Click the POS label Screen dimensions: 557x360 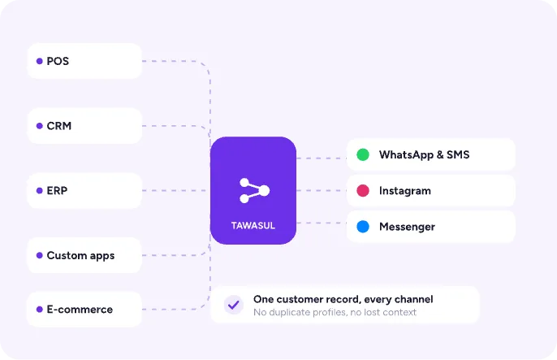[58, 61]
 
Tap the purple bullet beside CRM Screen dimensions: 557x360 [40, 126]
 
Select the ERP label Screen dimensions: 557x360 [57, 190]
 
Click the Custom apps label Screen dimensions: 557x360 [80, 255]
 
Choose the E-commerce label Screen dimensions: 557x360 [80, 309]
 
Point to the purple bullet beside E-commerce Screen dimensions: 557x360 [40, 309]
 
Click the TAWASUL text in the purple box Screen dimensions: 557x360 [253, 226]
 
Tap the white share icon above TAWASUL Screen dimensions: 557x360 [254, 190]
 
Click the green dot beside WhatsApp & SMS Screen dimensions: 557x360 [363, 154]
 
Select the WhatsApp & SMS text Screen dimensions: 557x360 [424, 154]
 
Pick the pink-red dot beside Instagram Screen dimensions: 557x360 [363, 190]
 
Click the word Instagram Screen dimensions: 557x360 [405, 191]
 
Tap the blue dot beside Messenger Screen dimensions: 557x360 [363, 227]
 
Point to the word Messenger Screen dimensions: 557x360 [407, 227]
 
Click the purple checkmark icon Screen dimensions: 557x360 [234, 305]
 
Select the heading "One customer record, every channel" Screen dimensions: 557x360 [343, 299]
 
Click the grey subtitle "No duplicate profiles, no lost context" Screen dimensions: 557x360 [335, 312]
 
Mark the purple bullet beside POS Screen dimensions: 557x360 [40, 61]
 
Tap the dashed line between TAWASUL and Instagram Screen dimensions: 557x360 [322, 190]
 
